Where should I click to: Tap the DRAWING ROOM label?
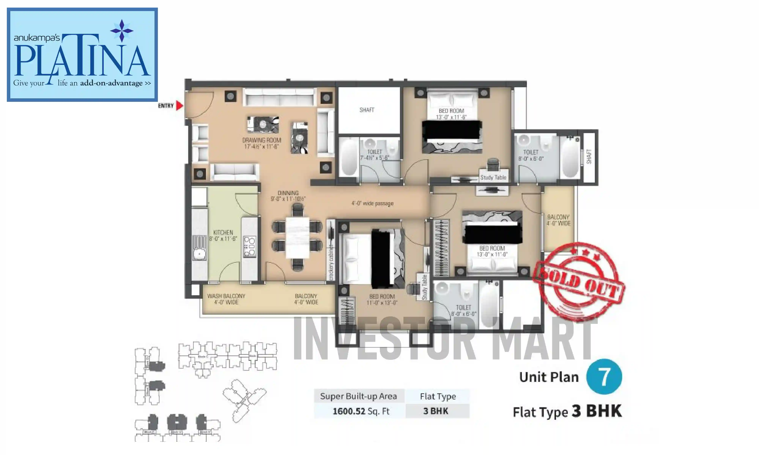(261, 143)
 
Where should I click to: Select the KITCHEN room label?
(223, 235)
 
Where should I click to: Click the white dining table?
(297, 238)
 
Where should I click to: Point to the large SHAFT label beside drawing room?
(367, 110)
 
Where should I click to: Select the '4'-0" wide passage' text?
(372, 203)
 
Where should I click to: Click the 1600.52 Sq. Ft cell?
(361, 411)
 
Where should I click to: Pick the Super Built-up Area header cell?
(358, 396)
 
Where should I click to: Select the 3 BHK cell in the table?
(436, 411)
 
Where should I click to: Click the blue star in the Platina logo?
(122, 31)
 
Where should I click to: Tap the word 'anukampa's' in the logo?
(37, 38)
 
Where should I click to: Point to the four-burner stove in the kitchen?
(249, 246)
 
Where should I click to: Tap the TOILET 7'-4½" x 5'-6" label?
(374, 155)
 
